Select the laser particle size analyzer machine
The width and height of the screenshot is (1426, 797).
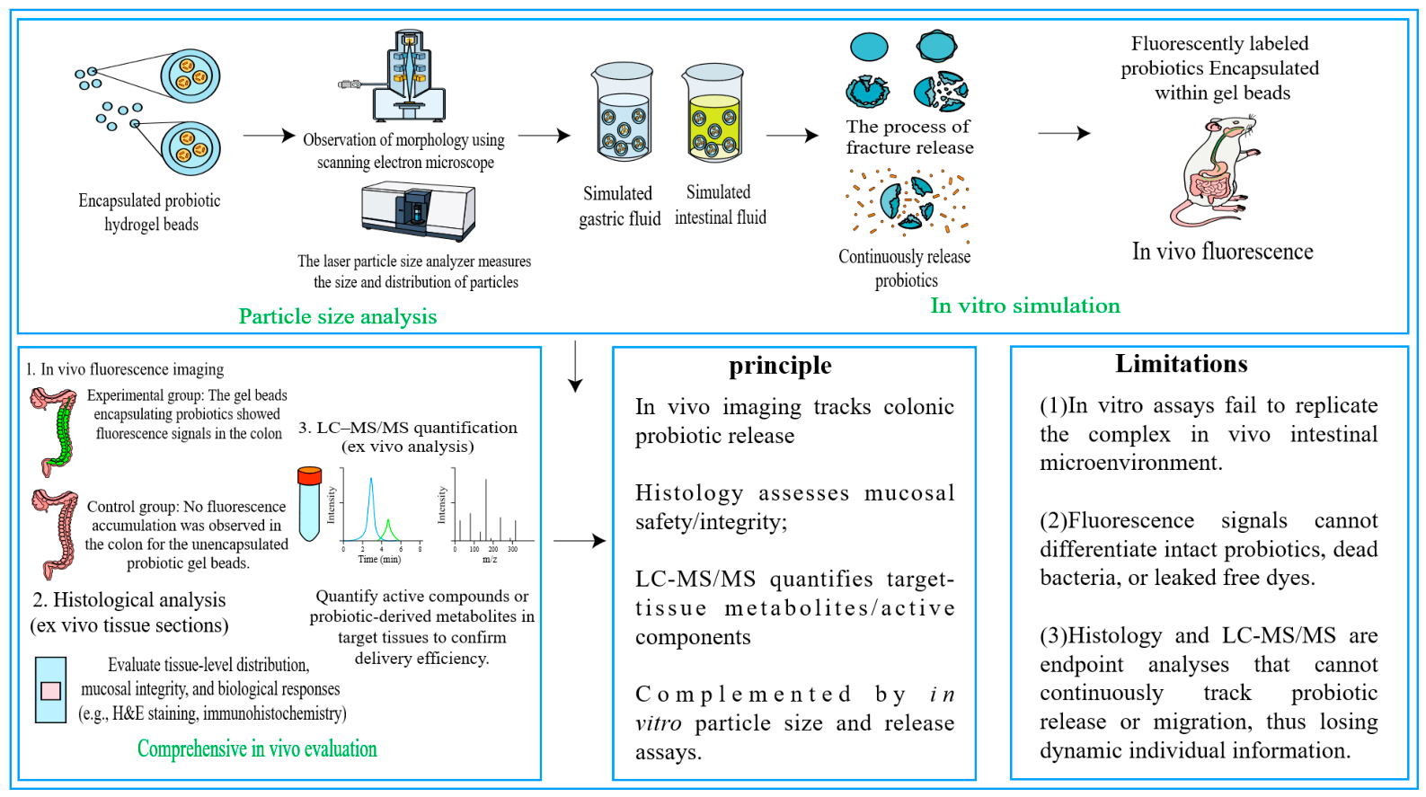point(418,211)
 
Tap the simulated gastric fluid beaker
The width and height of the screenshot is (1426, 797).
point(623,112)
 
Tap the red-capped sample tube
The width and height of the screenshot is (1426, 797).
point(309,504)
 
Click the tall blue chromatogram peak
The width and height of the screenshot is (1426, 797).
point(371,509)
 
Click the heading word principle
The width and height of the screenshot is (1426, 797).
point(780,366)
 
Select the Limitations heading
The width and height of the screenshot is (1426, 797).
point(1181,364)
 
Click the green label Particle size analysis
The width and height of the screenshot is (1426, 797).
point(337,316)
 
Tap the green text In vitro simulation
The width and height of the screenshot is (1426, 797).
point(1025,306)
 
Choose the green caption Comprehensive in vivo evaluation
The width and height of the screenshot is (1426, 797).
point(257,748)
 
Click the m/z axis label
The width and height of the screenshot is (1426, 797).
point(490,560)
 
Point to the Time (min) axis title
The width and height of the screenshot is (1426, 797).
point(379,560)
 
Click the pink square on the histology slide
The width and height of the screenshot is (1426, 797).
point(51,691)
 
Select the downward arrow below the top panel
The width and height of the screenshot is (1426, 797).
point(575,366)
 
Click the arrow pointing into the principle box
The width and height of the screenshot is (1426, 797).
point(580,541)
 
